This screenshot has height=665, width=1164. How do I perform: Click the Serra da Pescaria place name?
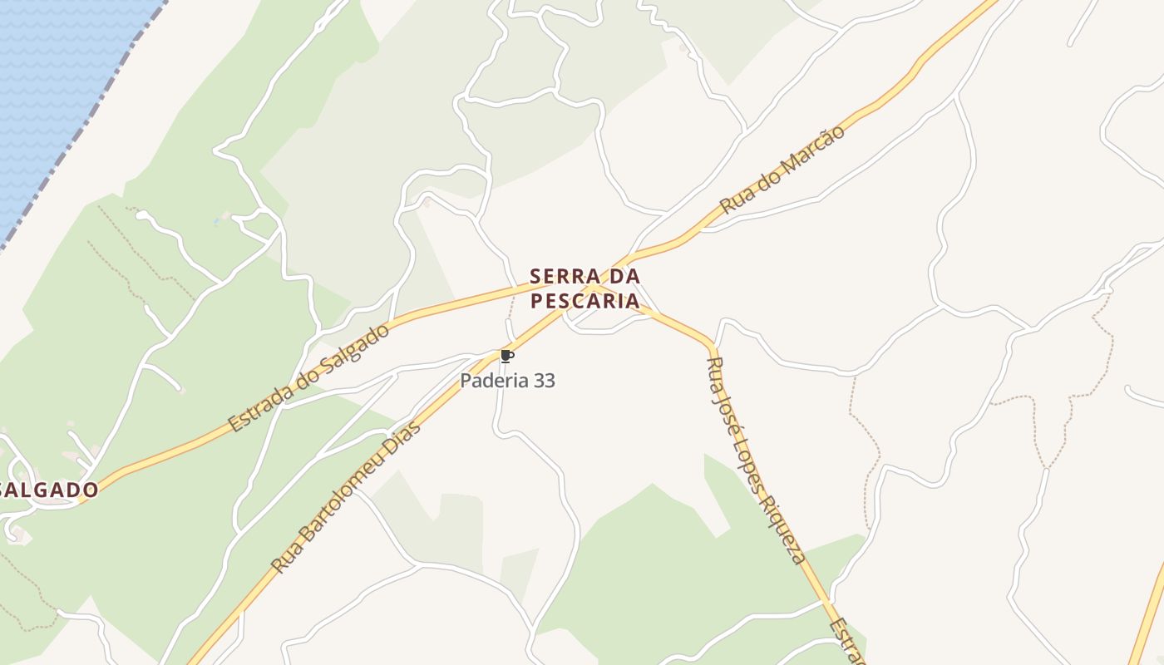click(585, 288)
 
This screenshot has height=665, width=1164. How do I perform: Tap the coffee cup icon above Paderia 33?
click(506, 357)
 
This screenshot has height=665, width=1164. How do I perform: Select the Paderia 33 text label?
click(508, 381)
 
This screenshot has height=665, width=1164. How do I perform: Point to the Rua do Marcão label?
click(782, 170)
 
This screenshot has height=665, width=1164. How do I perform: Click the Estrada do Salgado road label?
click(308, 378)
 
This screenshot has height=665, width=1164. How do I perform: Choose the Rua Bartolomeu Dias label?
click(347, 496)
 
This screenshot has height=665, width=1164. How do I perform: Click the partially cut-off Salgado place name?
click(50, 490)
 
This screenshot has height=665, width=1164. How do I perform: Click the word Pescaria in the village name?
click(585, 300)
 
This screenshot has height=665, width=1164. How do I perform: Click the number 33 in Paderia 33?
click(545, 381)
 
